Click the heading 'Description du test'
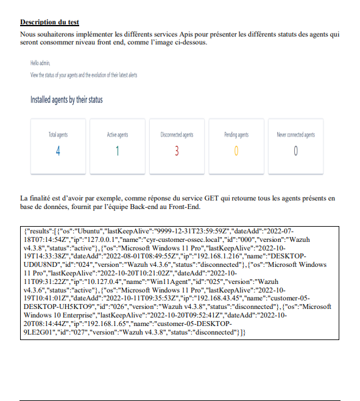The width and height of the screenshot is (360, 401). click(x=49, y=23)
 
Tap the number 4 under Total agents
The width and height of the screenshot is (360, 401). click(x=58, y=151)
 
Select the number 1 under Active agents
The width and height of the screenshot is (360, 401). click(x=118, y=151)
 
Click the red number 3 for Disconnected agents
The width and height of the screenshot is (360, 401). click(x=177, y=151)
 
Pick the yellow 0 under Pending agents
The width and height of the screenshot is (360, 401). click(x=236, y=151)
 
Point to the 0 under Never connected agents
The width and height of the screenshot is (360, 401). click(x=295, y=151)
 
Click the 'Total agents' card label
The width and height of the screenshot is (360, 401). click(x=58, y=135)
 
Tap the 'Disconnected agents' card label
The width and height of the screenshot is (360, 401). click(x=177, y=135)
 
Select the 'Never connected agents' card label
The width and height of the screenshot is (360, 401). click(x=295, y=135)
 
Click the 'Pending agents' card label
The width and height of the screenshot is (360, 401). click(x=236, y=135)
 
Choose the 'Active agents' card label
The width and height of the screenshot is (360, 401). click(x=118, y=135)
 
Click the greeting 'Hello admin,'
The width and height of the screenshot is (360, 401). click(x=40, y=63)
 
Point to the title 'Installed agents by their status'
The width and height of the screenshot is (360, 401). click(x=66, y=99)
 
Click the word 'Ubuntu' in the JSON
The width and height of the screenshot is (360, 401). click(x=86, y=232)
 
